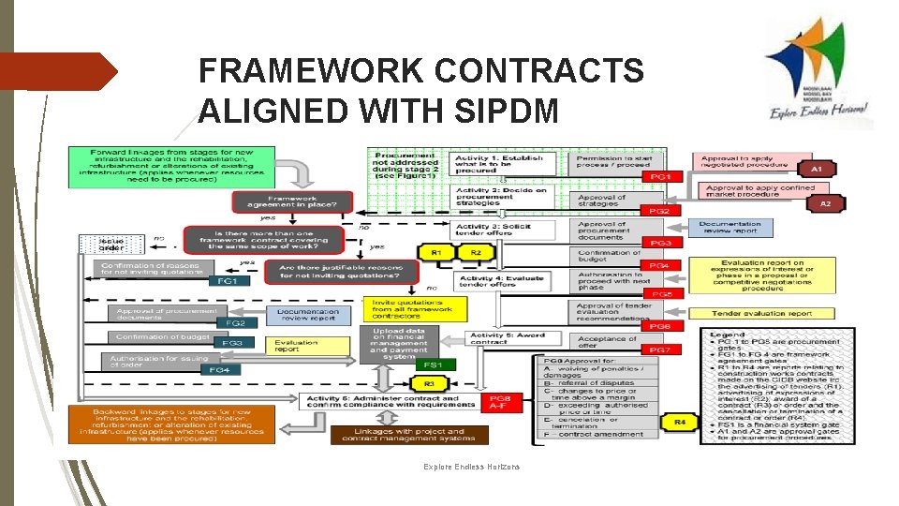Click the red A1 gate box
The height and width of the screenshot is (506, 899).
(x=817, y=170)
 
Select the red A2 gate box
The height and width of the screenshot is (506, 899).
(x=825, y=203)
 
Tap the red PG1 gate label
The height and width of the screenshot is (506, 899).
(x=661, y=176)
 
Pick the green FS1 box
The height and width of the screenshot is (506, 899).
(x=433, y=365)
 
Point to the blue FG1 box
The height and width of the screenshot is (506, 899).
(x=227, y=280)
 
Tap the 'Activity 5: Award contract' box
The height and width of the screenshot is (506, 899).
(x=506, y=339)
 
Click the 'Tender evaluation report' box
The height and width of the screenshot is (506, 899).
(x=761, y=313)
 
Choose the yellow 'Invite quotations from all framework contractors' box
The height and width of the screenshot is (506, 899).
(x=411, y=309)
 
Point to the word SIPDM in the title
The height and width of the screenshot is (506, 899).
(x=492, y=110)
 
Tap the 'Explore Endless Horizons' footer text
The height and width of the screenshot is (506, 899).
(x=471, y=467)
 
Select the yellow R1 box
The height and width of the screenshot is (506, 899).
(x=436, y=253)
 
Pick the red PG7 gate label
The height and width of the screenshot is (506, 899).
(x=661, y=349)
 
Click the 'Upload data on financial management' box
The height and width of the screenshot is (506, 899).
(x=400, y=343)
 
